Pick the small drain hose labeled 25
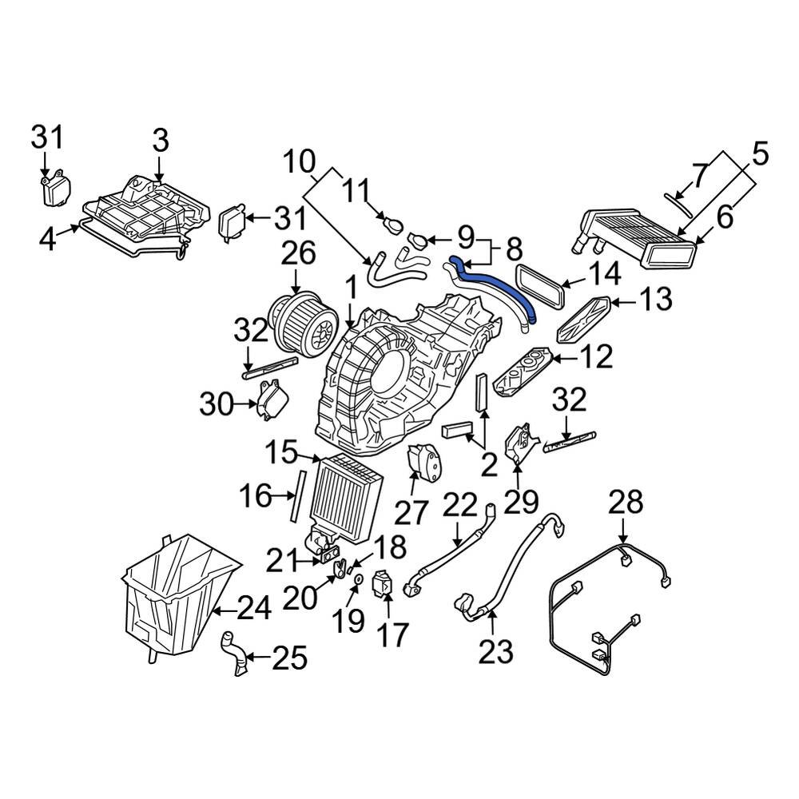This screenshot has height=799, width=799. (x=233, y=651)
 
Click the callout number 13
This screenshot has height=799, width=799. (x=654, y=301)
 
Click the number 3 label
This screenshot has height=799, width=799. (x=160, y=141)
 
